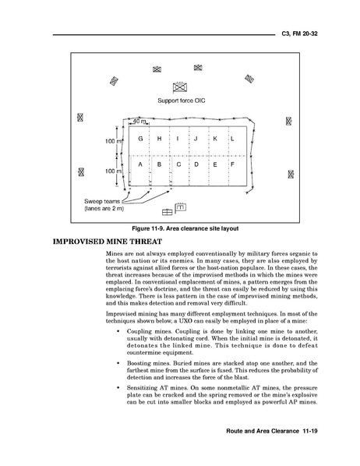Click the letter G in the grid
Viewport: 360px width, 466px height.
pyautogui.click(x=140, y=139)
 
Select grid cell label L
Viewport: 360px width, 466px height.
pyautogui.click(x=232, y=139)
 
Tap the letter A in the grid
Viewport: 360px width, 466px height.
pyautogui.click(x=140, y=164)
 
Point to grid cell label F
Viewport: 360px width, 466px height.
pyautogui.click(x=232, y=164)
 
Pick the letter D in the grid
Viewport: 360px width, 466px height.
pyautogui.click(x=196, y=164)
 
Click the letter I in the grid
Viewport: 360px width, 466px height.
pyautogui.click(x=178, y=139)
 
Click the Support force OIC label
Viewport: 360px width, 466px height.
pyautogui.click(x=182, y=101)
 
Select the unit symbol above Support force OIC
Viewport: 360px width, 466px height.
pyautogui.click(x=180, y=88)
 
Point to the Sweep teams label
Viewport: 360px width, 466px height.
pyautogui.click(x=102, y=202)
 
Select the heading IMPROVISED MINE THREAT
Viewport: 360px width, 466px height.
pyautogui.click(x=108, y=242)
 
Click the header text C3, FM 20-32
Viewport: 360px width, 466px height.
pyautogui.click(x=300, y=34)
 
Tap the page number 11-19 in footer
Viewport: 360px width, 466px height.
pyautogui.click(x=310, y=431)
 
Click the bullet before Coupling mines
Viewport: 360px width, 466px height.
pyautogui.click(x=118, y=331)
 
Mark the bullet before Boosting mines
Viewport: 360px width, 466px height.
pyautogui.click(x=118, y=363)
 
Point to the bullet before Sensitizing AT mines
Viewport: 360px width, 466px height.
pyautogui.click(x=118, y=388)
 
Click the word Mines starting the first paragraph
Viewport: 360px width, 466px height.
pyautogui.click(x=113, y=254)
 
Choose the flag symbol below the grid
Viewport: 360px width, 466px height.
pyautogui.click(x=181, y=207)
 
